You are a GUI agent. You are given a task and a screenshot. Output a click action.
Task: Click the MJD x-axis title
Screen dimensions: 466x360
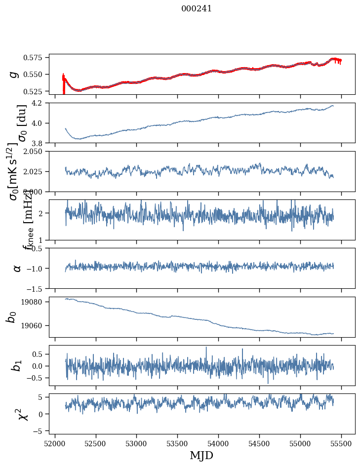pos(202,455)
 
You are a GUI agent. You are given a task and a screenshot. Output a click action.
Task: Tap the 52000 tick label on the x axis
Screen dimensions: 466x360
pos(55,443)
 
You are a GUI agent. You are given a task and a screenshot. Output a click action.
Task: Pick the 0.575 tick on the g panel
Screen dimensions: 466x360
pos(36,58)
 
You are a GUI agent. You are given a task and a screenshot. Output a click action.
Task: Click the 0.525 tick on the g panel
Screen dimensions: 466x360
pos(36,91)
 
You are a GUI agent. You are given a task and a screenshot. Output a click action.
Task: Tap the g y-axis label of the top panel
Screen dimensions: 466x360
pos(14,74)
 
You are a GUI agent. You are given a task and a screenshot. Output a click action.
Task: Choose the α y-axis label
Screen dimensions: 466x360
pos(17,268)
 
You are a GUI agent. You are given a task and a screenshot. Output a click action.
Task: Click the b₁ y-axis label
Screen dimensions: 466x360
pos(17,366)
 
